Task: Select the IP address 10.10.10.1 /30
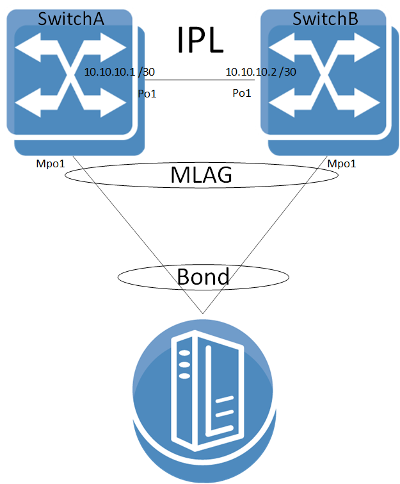pos(119,72)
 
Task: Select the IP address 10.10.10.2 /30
pos(260,72)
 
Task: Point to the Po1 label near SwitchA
pos(147,94)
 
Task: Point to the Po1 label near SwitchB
pos(241,94)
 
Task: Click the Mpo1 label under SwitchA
pos(51,164)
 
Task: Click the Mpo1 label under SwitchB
pos(341,164)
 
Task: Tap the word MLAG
pos(201,175)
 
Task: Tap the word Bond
pos(202,277)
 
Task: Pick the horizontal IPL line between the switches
pos(192,81)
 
